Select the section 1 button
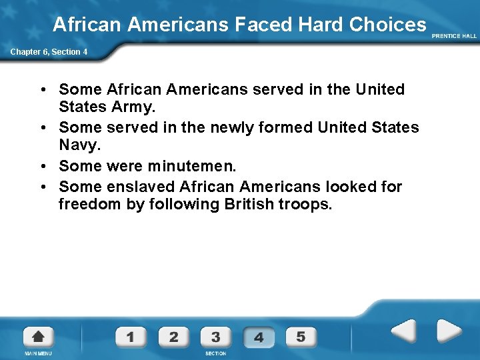130,337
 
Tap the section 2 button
173,337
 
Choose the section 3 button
215,337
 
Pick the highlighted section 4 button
259,337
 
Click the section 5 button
301,337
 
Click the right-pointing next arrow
448,331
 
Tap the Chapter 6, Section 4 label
48,52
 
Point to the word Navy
77,145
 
